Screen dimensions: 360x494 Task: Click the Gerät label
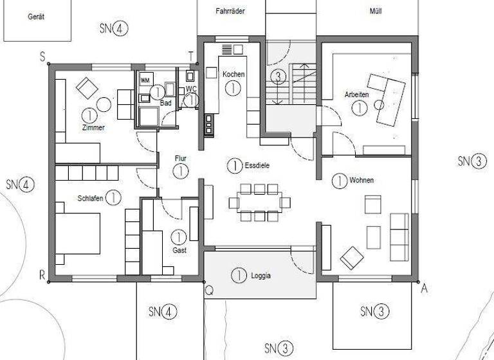tap(36, 17)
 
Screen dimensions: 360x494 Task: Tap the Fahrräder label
tap(230, 11)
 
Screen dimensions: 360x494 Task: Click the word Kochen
tap(233, 75)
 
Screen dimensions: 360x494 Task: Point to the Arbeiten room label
tap(356, 94)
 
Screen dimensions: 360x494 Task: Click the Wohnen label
tap(361, 180)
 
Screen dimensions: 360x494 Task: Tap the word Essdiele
tap(257, 165)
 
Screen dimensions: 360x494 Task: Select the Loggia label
tap(261, 276)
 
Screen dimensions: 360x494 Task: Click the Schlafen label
tap(90, 197)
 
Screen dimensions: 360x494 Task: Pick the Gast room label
tap(179, 250)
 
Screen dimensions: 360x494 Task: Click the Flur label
tap(181, 157)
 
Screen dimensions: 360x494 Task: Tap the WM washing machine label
tap(145, 80)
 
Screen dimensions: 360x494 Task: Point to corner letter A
tap(424, 289)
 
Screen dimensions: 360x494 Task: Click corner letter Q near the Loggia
tap(209, 290)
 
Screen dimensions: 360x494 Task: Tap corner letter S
tap(42, 57)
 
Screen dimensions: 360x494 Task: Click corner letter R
tap(42, 276)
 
